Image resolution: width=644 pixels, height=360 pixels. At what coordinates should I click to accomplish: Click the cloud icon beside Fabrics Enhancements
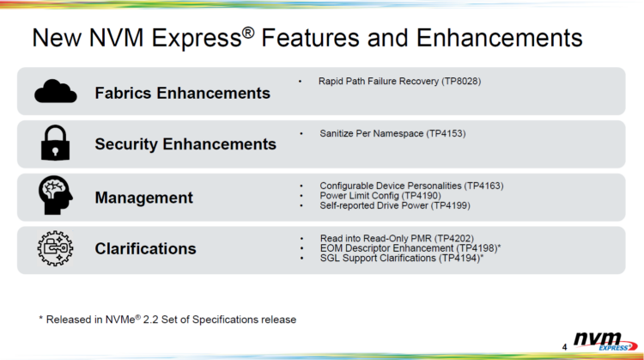(56, 91)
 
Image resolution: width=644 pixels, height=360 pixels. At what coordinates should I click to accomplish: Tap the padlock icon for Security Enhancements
(55, 143)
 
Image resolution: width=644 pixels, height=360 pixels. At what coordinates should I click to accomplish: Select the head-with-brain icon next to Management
(56, 195)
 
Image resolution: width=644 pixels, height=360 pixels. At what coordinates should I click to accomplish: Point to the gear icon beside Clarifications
(55, 248)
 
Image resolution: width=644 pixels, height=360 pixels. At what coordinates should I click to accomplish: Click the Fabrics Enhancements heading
(182, 94)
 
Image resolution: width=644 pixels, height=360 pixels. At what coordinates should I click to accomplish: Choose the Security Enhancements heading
(185, 144)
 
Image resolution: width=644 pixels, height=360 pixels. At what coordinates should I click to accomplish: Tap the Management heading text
(143, 198)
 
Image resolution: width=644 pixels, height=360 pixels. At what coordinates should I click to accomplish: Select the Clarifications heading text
(145, 248)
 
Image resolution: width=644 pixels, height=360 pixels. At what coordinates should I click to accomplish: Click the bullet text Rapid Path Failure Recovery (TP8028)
(399, 82)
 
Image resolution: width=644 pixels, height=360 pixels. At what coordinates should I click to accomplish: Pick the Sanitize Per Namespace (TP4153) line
(392, 133)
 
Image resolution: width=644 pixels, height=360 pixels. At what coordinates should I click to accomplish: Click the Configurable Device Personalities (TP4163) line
(411, 186)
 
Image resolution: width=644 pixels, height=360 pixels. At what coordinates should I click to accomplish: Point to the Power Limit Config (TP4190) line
(380, 196)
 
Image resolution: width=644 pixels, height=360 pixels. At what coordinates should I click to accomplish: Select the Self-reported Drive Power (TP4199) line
(395, 205)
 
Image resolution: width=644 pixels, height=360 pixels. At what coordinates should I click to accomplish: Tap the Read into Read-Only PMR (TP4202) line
(397, 238)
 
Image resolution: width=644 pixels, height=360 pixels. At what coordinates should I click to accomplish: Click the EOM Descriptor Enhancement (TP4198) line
(410, 248)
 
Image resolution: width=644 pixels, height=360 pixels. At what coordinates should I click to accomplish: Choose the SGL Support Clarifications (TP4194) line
(402, 258)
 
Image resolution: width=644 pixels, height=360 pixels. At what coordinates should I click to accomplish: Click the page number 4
(564, 347)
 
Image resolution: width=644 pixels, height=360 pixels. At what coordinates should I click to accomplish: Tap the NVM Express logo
(605, 341)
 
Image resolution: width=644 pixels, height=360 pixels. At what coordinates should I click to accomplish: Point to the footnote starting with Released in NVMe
(167, 320)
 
